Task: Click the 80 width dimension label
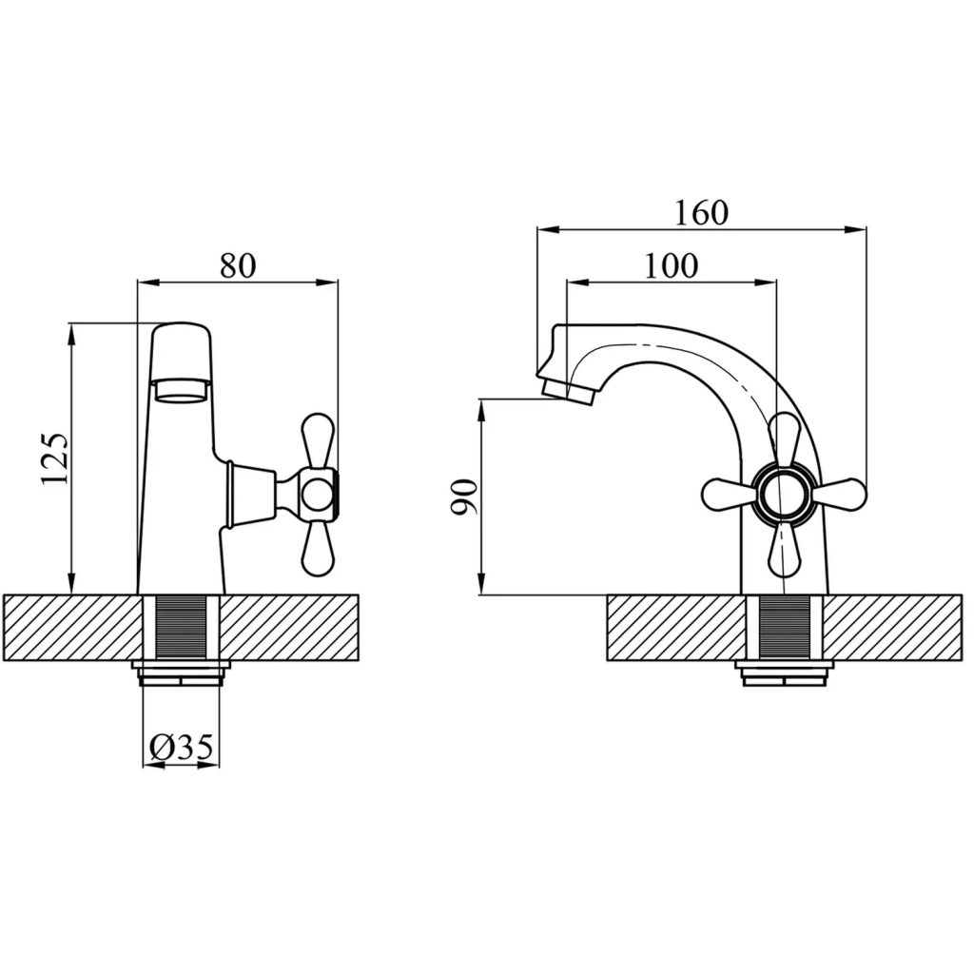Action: coord(238,265)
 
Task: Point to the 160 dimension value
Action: coord(701,213)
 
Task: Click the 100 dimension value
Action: coord(671,266)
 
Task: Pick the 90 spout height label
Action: coord(464,497)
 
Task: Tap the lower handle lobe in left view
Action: coord(318,547)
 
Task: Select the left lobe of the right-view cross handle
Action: coord(728,495)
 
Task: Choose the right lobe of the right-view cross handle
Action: coord(839,495)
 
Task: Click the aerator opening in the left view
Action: coord(182,391)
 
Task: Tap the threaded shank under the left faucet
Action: coord(181,628)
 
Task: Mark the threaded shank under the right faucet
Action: coord(785,628)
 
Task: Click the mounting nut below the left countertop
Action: coord(181,673)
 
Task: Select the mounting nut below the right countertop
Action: coord(785,673)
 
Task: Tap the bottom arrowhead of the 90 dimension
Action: coord(481,584)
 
